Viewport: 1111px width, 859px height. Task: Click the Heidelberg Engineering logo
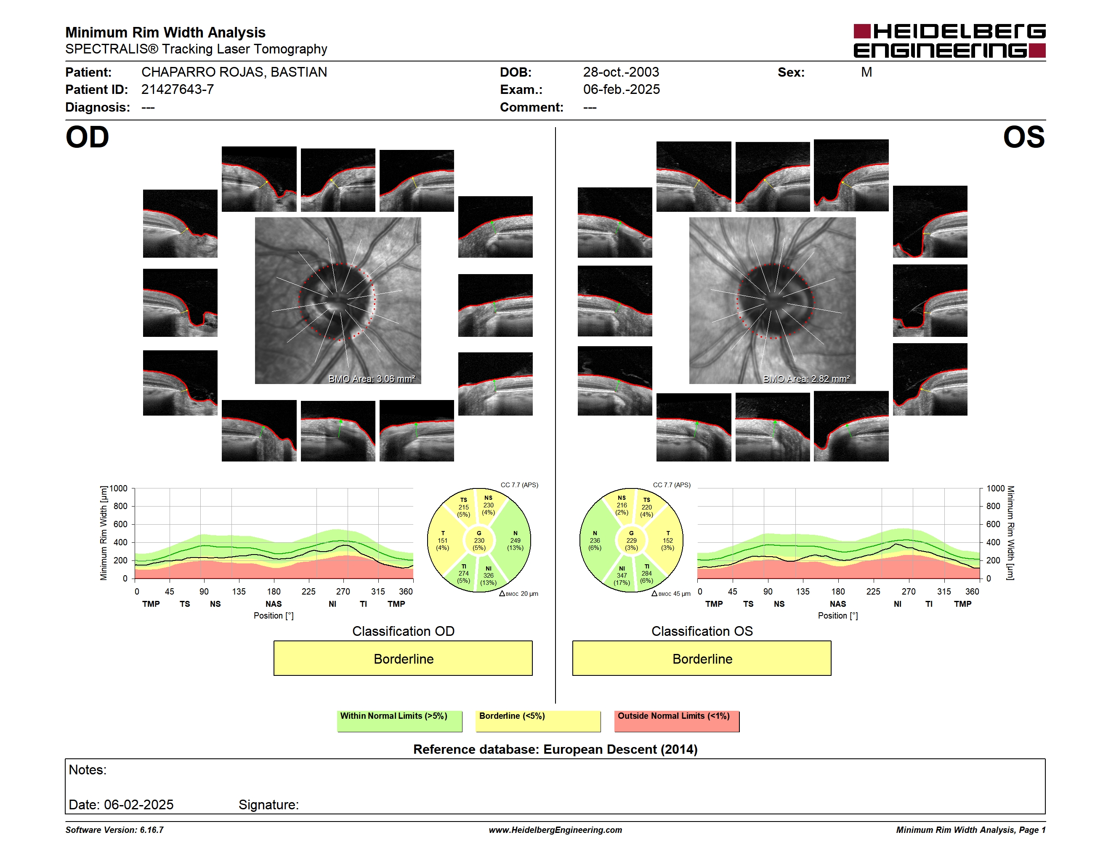[949, 41]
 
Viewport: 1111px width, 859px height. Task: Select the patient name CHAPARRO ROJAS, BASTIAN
[234, 72]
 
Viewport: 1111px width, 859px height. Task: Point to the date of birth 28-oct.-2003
[621, 72]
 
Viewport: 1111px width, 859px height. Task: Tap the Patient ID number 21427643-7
[178, 90]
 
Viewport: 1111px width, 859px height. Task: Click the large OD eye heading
[87, 137]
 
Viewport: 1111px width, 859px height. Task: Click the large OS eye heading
[1023, 137]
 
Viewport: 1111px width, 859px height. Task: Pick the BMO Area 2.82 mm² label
[806, 379]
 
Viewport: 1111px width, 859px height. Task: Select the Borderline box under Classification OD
[403, 659]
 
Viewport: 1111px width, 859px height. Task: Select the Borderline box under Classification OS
[702, 659]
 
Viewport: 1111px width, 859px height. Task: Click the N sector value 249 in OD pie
[516, 540]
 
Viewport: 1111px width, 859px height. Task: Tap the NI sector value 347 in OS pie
[622, 576]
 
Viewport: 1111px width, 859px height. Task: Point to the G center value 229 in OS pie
[631, 540]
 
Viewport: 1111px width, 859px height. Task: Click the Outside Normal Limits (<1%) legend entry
[677, 721]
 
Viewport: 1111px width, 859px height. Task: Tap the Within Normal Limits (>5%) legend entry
[399, 721]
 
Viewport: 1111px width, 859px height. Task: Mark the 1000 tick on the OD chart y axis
[119, 488]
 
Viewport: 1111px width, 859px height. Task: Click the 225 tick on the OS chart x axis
[873, 591]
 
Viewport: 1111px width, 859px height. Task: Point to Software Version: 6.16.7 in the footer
[114, 830]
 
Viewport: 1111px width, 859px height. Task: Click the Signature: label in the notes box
[268, 805]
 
